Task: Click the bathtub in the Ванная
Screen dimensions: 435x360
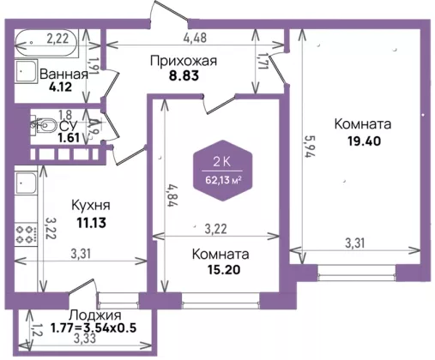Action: coord(46,43)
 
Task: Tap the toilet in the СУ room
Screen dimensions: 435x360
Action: coord(45,125)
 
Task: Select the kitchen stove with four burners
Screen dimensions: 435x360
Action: coord(26,235)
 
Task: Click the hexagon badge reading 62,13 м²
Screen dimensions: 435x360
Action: coord(223,171)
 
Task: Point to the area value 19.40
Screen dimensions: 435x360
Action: coord(365,141)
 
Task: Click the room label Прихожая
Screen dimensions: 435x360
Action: coord(184,61)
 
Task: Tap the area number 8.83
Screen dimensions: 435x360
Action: coord(184,76)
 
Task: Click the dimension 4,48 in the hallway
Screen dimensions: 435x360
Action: coord(195,38)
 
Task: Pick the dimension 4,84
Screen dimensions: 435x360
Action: coord(171,195)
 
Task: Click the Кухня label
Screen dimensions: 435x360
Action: coord(91,205)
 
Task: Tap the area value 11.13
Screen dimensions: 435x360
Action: coord(91,223)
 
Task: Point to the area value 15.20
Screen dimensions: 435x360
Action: coord(224,269)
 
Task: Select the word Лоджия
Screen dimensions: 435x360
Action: coord(95,315)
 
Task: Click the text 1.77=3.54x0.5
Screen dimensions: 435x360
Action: coord(94,327)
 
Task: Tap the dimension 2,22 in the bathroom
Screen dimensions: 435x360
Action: coord(57,39)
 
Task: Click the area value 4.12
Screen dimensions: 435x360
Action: coord(60,87)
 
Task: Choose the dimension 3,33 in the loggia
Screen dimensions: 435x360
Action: coord(85,339)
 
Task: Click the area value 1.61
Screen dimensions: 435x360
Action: coord(69,138)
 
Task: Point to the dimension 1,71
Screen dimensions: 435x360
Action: coord(263,61)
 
